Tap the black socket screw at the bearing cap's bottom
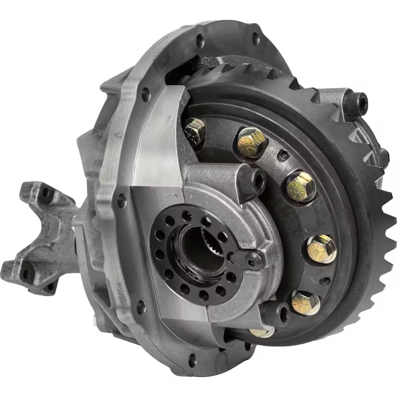click(x=277, y=314)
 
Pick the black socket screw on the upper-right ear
click(x=357, y=103)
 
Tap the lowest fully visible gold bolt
click(x=305, y=303)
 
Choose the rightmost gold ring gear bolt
click(x=321, y=249)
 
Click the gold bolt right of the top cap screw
click(x=301, y=187)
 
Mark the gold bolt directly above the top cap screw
click(x=251, y=141)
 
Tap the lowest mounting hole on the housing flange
click(x=192, y=359)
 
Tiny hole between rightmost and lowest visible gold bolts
click(x=326, y=281)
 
